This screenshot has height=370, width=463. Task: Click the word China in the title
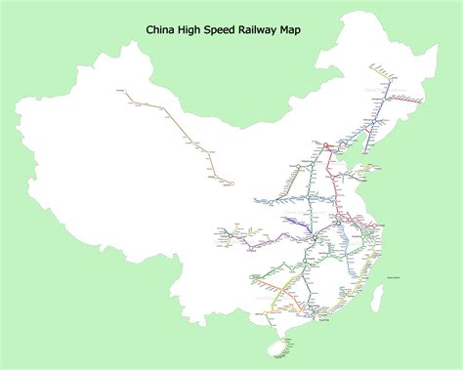click(162, 30)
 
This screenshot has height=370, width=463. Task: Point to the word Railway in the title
click(276, 31)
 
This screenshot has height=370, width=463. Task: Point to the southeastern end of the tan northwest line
click(231, 182)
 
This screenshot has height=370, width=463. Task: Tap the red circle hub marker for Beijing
click(328, 146)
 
